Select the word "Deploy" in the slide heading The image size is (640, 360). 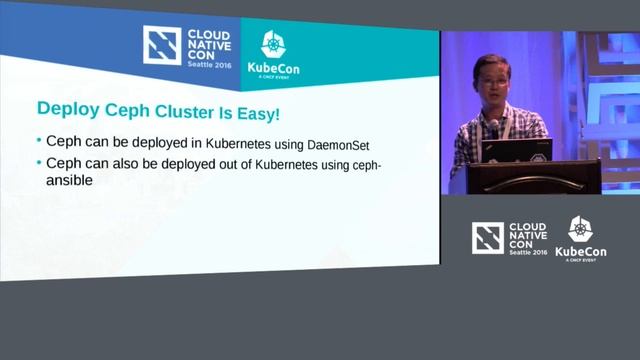66,107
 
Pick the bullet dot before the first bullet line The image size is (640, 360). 39,141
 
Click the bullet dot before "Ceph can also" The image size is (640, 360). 39,162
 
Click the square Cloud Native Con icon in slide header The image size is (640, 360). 162,46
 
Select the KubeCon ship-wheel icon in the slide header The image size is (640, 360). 274,45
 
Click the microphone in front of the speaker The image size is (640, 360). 493,127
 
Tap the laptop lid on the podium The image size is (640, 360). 516,150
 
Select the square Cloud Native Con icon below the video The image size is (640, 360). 488,237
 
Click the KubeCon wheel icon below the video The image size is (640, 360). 580,229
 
